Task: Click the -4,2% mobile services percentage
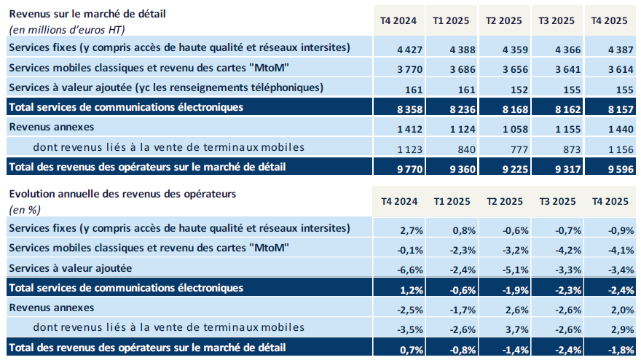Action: click(x=562, y=251)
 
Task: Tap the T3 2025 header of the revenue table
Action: click(x=557, y=20)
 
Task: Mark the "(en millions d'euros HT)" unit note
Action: click(x=66, y=29)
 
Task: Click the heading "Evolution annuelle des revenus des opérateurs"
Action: click(x=122, y=195)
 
